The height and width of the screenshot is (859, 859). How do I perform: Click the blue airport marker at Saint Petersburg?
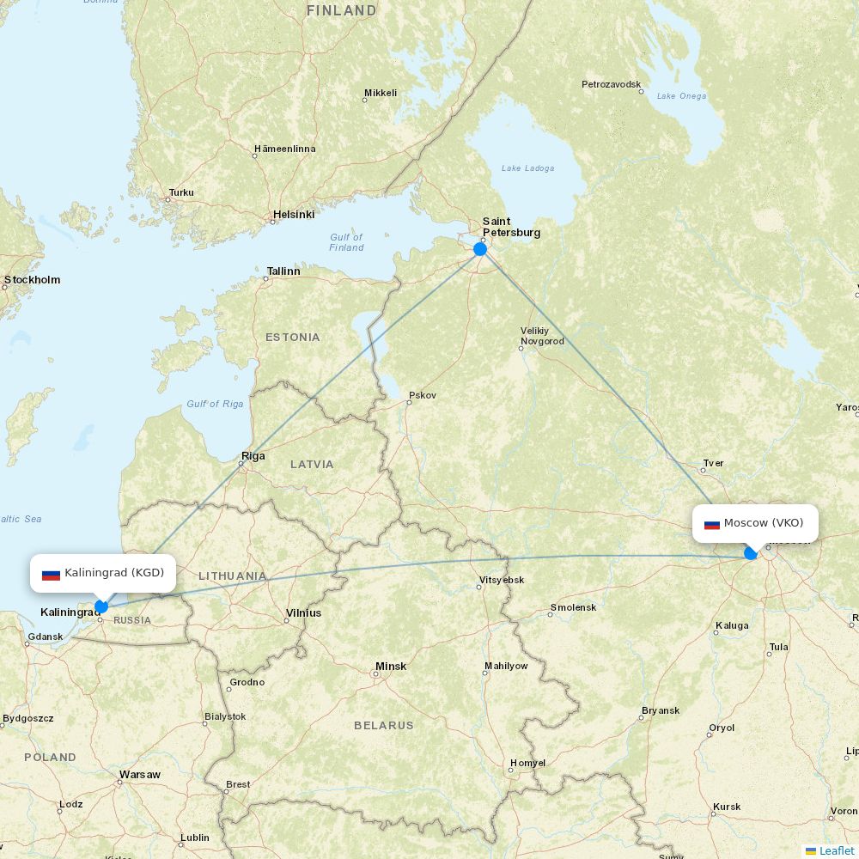(x=480, y=249)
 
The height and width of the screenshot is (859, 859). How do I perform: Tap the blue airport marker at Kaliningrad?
(x=101, y=606)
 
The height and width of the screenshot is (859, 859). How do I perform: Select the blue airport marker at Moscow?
(x=751, y=553)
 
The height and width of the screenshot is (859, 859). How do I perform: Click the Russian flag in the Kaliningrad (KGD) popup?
(x=51, y=574)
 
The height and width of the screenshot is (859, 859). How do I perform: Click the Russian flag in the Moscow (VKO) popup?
(x=712, y=524)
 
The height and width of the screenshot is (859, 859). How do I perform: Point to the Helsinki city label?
(x=294, y=214)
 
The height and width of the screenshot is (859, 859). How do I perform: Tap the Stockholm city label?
(x=33, y=279)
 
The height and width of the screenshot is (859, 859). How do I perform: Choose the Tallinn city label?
(x=283, y=271)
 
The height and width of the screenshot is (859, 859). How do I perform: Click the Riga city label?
(x=253, y=456)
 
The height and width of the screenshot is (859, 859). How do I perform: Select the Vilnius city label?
(x=303, y=612)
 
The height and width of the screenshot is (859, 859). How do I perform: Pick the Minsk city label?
(x=391, y=667)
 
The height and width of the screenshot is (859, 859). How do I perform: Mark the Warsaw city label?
(x=140, y=775)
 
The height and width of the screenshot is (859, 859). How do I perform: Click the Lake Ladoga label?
(x=527, y=168)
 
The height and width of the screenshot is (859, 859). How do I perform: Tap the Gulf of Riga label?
(x=215, y=404)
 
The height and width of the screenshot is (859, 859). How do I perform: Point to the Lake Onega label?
(x=681, y=96)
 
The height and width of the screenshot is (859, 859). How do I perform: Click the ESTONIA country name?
(x=292, y=338)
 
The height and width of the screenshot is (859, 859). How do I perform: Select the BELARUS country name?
(x=384, y=726)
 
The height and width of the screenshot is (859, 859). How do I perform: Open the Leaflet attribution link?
(x=836, y=850)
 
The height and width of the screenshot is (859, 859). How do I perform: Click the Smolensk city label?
(x=573, y=607)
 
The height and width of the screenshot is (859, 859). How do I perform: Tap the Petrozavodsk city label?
(x=612, y=84)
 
